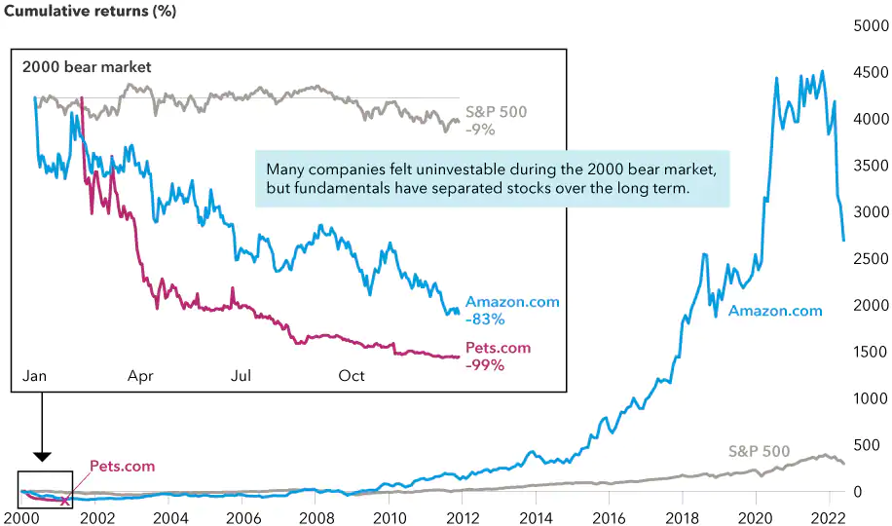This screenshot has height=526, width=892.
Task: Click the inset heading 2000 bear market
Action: point(87,67)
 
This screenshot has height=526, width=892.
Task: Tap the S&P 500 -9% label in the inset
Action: point(497,120)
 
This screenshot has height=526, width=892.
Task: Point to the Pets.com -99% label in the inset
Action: point(499,357)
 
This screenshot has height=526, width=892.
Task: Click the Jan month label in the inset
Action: point(34,375)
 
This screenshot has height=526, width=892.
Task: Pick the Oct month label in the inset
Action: point(351,375)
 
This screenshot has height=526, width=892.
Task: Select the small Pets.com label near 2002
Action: point(122,467)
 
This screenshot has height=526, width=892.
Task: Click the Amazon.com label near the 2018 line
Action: point(775,312)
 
